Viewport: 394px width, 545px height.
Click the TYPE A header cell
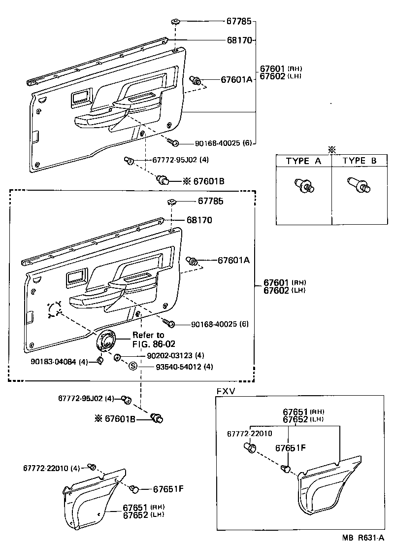click(304, 161)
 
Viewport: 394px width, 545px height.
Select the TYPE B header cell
click(360, 161)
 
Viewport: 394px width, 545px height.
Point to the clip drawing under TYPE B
click(360, 185)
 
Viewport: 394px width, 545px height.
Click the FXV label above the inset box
click(226, 390)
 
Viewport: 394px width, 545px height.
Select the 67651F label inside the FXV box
click(290, 448)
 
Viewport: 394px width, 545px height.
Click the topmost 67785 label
click(239, 21)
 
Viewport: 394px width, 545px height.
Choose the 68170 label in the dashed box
click(199, 220)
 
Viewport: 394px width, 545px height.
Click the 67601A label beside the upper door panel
click(236, 80)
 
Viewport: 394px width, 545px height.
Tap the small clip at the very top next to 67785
click(175, 21)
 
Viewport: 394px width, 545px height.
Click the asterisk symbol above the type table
click(332, 149)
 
